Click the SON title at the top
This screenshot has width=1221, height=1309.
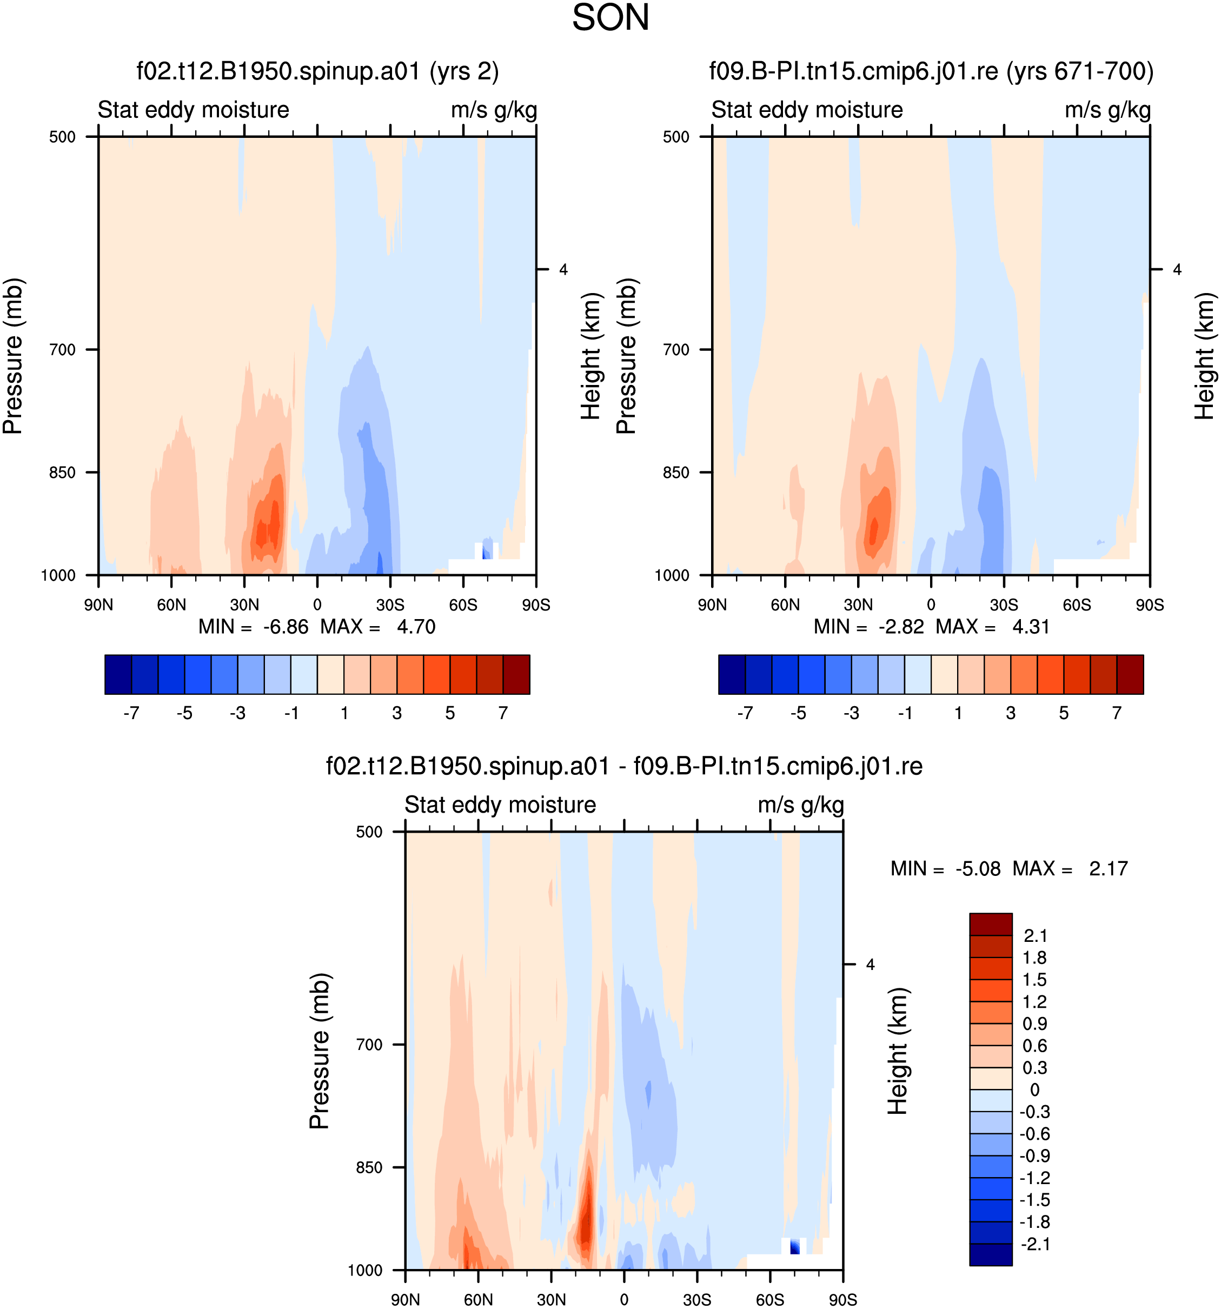[x=610, y=18]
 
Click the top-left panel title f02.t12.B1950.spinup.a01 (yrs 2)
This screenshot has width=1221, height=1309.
[x=317, y=71]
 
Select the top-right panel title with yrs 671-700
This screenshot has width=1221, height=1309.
[x=931, y=71]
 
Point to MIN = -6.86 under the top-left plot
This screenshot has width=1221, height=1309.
[x=254, y=627]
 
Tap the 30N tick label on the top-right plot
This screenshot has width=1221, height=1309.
[x=858, y=605]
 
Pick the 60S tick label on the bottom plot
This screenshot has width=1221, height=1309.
[x=770, y=1300]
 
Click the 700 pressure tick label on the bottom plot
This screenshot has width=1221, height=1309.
[x=369, y=1045]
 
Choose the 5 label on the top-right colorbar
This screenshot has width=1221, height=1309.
[x=1064, y=713]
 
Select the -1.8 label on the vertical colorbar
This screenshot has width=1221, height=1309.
[x=1034, y=1222]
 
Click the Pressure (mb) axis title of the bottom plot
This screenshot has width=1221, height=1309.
[x=320, y=1051]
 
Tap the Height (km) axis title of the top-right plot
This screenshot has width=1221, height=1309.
[x=1205, y=356]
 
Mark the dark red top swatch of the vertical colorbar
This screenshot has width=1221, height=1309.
[x=991, y=924]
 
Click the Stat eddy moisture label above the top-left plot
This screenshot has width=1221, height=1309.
[x=194, y=109]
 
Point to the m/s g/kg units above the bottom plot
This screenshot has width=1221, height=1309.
[x=801, y=805]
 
